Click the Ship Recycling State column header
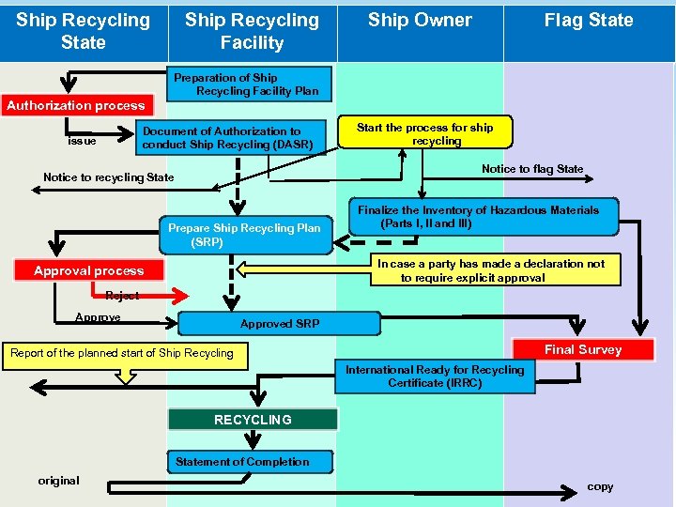pyautogui.click(x=83, y=31)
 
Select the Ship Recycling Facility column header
pyautogui.click(x=252, y=31)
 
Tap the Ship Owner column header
pyautogui.click(x=420, y=21)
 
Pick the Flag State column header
pyautogui.click(x=589, y=21)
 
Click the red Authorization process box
pyautogui.click(x=76, y=105)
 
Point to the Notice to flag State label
pyautogui.click(x=532, y=169)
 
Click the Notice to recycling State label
pyautogui.click(x=109, y=177)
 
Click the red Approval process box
pyautogui.click(x=89, y=270)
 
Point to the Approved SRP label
pyautogui.click(x=280, y=324)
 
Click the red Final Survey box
pyautogui.click(x=583, y=349)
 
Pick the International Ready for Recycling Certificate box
pyautogui.click(x=435, y=376)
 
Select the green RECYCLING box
pyautogui.click(x=253, y=420)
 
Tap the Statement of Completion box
pyautogui.click(x=242, y=461)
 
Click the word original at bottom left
pyautogui.click(x=58, y=481)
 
